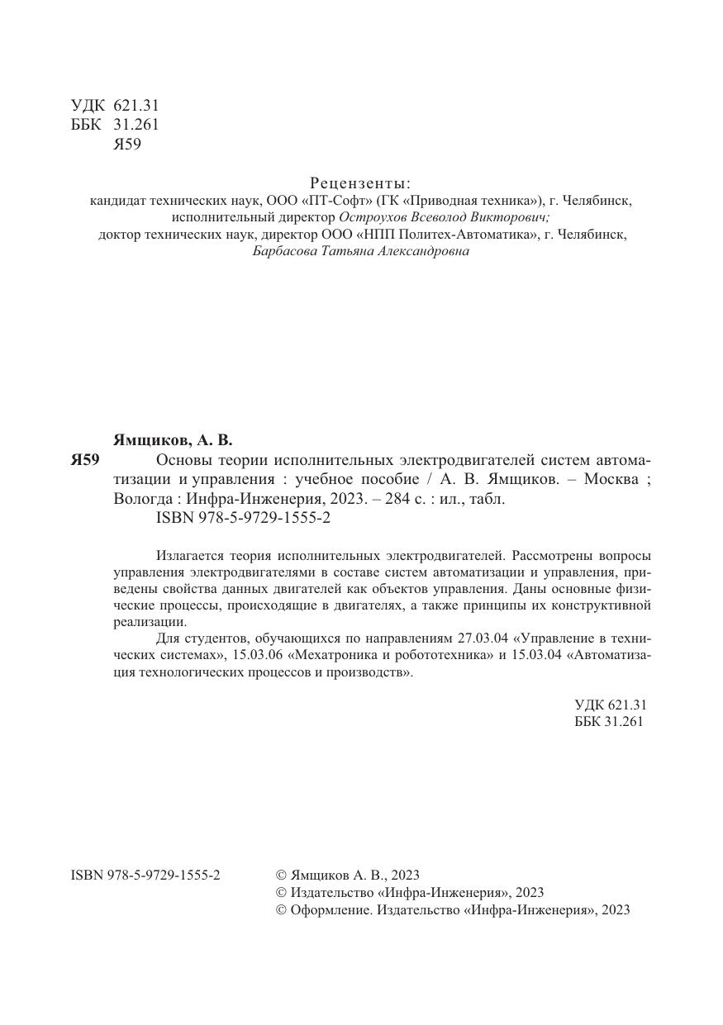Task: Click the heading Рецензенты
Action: coord(360,183)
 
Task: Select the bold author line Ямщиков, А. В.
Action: coord(173,440)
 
